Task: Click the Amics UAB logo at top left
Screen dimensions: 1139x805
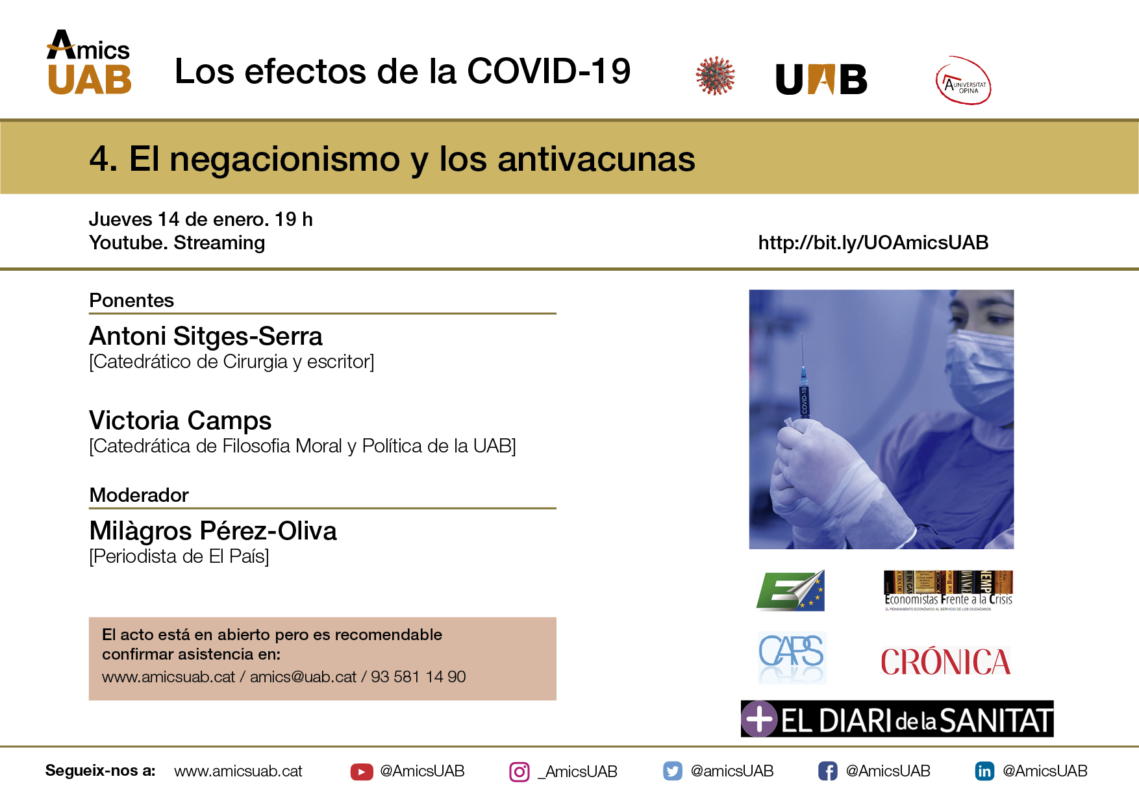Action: [x=89, y=62]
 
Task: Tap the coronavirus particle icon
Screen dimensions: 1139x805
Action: [x=715, y=76]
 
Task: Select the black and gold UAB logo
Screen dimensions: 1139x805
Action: [x=821, y=79]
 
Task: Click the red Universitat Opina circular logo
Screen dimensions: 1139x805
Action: [x=963, y=80]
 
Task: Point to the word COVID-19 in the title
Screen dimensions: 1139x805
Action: [x=549, y=71]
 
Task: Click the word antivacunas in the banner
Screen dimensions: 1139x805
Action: [x=596, y=159]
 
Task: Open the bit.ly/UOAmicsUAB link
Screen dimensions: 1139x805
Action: [x=873, y=243]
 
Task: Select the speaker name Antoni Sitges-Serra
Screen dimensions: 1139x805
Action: [x=206, y=336]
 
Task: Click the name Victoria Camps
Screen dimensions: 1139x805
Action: [x=181, y=421]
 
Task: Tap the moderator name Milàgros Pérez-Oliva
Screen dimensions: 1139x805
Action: [x=213, y=531]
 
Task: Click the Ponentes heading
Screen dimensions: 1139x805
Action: [x=132, y=301]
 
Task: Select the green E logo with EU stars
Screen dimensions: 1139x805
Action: [x=790, y=591]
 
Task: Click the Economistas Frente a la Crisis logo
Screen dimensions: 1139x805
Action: [x=948, y=591]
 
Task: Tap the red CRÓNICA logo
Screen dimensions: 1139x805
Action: [x=945, y=662]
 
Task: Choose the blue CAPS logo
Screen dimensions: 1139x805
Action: [x=792, y=657]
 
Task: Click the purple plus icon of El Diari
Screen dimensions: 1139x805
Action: [x=760, y=719]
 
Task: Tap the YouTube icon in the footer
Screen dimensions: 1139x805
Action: [x=362, y=771]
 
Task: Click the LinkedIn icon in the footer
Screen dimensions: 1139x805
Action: [x=984, y=771]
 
